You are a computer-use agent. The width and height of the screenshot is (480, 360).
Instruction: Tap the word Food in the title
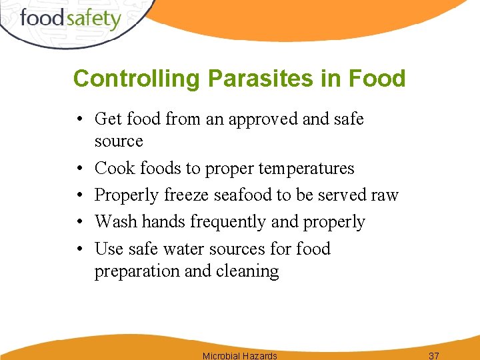[377, 79]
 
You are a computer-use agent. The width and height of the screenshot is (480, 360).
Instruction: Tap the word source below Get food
[119, 141]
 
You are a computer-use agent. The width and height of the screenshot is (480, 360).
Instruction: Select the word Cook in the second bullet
[114, 168]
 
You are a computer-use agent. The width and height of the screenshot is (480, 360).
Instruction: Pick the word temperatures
[306, 169]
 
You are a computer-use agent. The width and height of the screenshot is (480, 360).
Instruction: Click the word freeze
[187, 195]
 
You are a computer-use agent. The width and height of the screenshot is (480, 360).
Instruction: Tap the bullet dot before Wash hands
[79, 222]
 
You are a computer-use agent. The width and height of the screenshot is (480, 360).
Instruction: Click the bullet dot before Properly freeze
[79, 195]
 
